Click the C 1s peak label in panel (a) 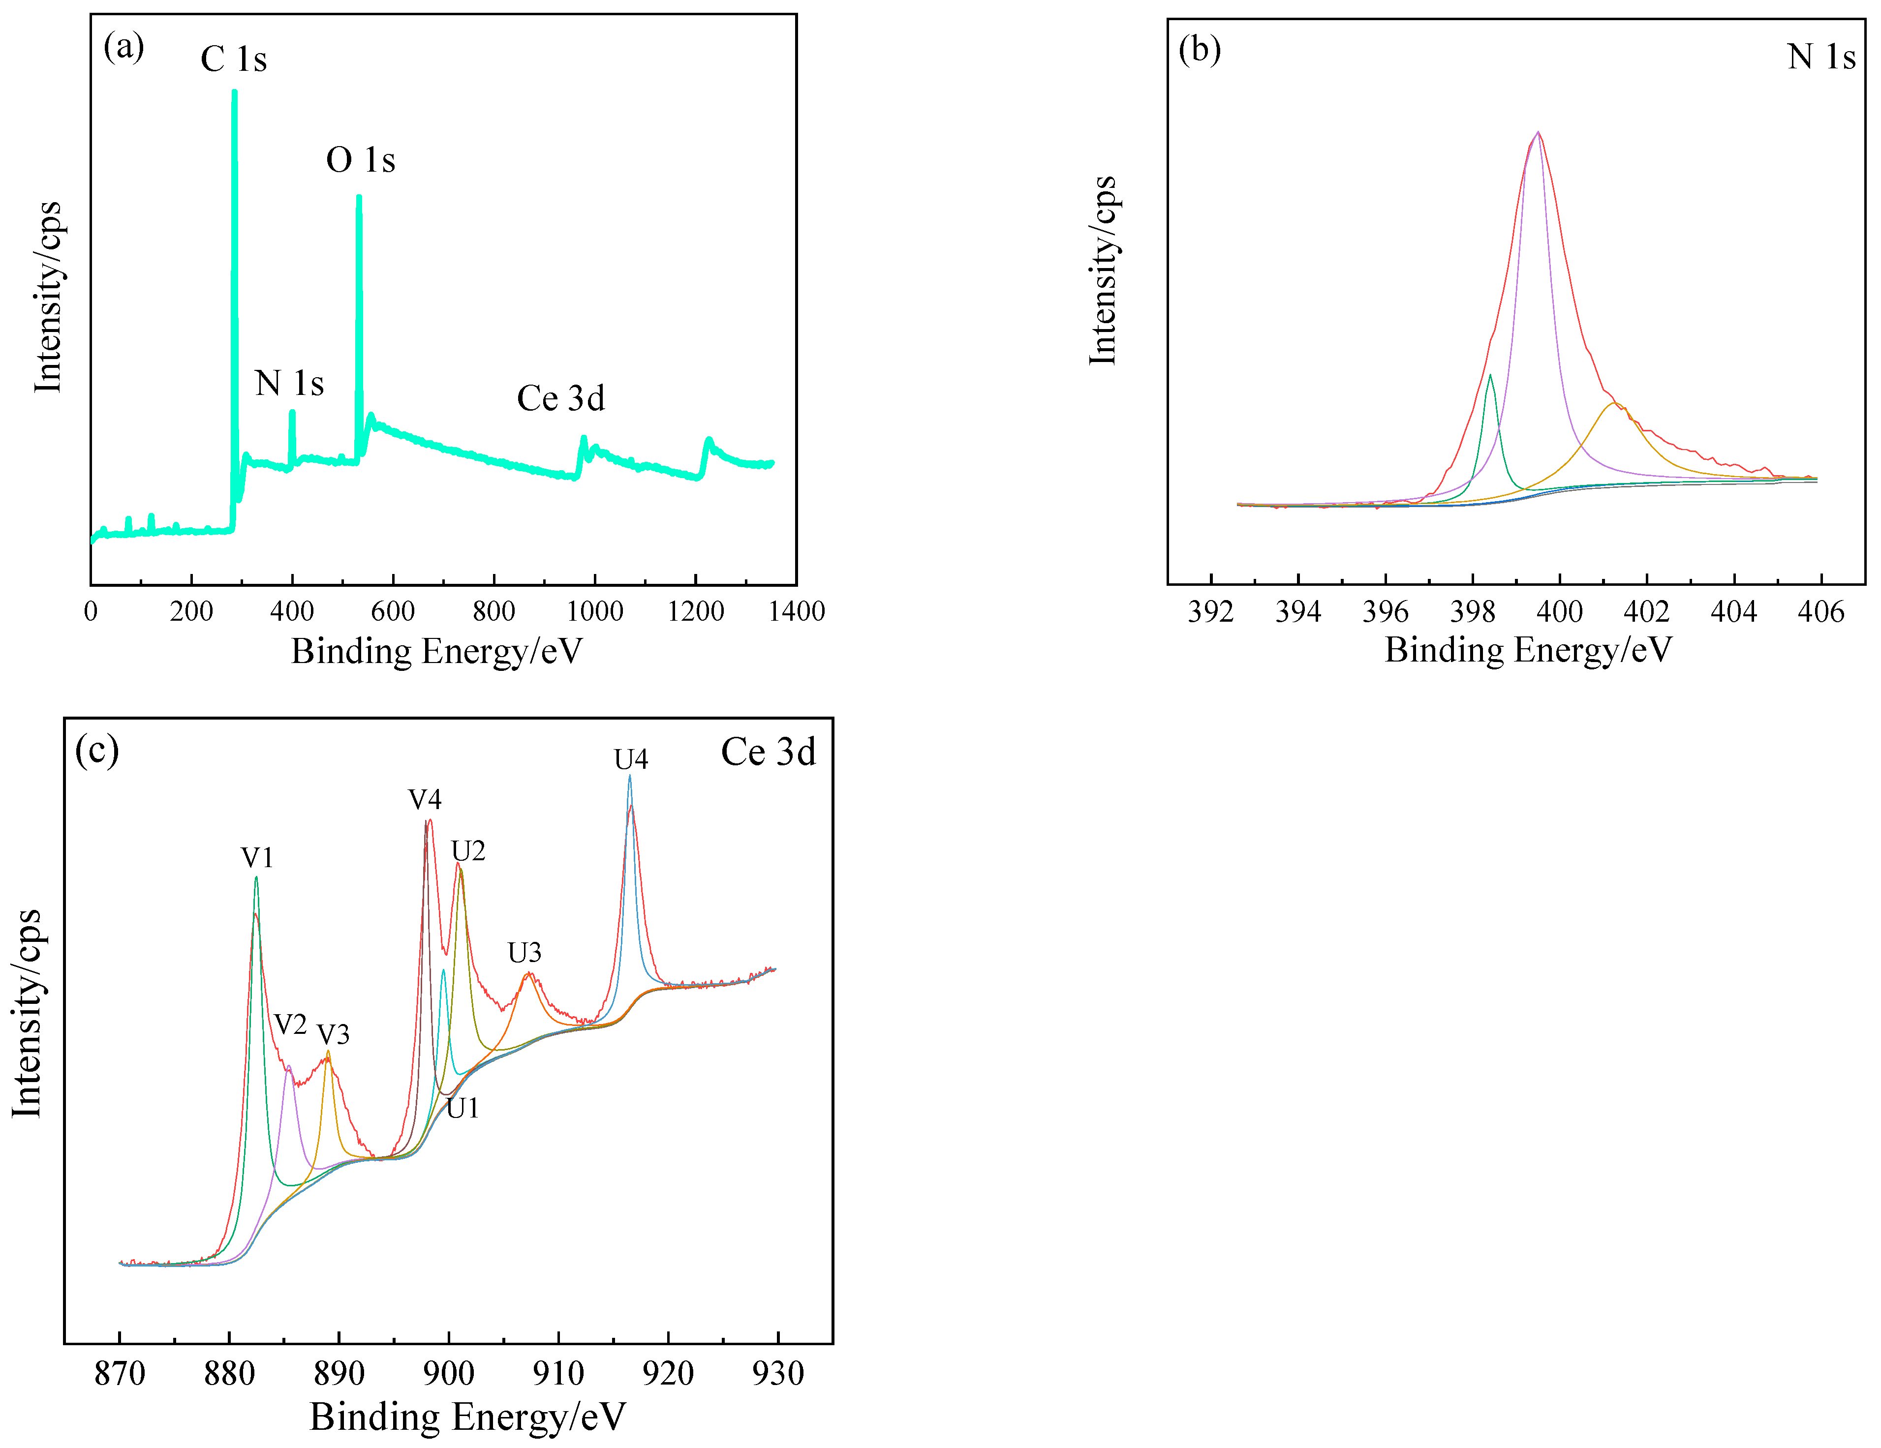click(x=233, y=60)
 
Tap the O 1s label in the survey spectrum click(x=360, y=160)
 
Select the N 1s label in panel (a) click(x=289, y=383)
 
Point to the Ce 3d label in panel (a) click(x=561, y=398)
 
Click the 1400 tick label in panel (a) click(x=797, y=612)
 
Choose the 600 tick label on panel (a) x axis click(x=393, y=612)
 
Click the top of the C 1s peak click(x=234, y=92)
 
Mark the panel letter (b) click(x=1199, y=50)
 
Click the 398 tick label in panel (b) click(x=1472, y=612)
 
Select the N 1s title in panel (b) click(x=1820, y=57)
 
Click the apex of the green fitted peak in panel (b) click(x=1490, y=374)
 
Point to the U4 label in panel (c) click(x=630, y=759)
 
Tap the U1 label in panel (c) click(x=463, y=1108)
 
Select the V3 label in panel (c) click(x=333, y=1034)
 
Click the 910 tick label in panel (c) click(x=558, y=1373)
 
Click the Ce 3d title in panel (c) click(x=768, y=753)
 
